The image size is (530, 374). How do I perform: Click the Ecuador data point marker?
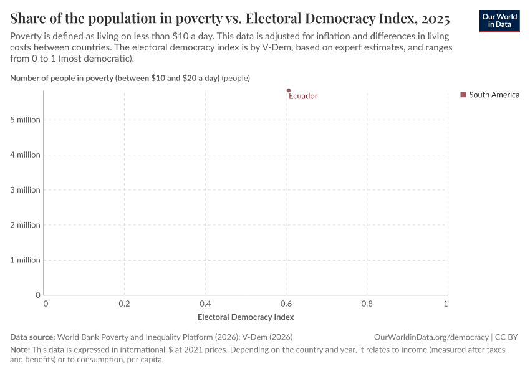(288, 90)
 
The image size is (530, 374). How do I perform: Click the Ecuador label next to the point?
(303, 96)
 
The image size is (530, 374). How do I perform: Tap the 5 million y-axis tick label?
(25, 120)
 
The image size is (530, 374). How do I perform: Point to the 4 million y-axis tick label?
(25, 155)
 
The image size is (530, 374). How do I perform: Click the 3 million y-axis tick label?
(25, 189)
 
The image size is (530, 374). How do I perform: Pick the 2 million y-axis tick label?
(25, 225)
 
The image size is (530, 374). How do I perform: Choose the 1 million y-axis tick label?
(25, 260)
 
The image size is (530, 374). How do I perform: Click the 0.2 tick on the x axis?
(125, 304)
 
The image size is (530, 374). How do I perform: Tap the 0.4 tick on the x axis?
(206, 304)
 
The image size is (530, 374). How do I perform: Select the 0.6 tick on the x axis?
(286, 304)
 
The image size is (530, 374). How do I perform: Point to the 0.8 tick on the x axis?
(367, 304)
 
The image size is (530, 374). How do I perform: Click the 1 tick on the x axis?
(445, 304)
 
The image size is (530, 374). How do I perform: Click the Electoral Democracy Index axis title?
(246, 317)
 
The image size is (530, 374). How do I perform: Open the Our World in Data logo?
(499, 21)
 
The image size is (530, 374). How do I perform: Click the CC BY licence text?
(506, 337)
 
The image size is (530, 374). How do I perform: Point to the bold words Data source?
(32, 337)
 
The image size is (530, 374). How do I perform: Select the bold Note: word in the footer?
(19, 350)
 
